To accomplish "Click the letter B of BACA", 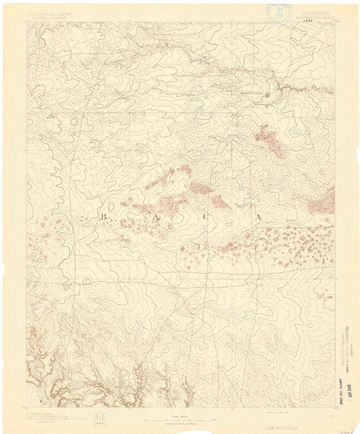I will coord(84,216).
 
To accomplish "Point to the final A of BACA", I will coord(259,216).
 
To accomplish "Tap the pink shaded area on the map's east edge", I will coord(328,201).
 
